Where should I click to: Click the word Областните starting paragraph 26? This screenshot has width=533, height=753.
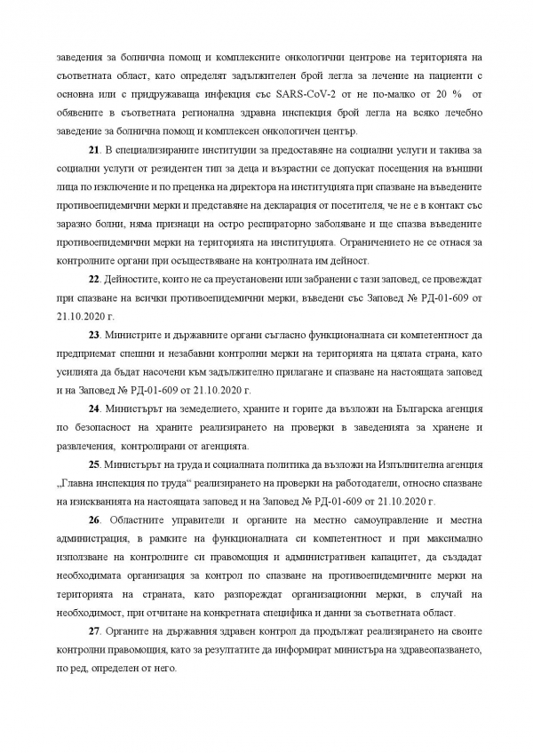(x=134, y=519)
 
